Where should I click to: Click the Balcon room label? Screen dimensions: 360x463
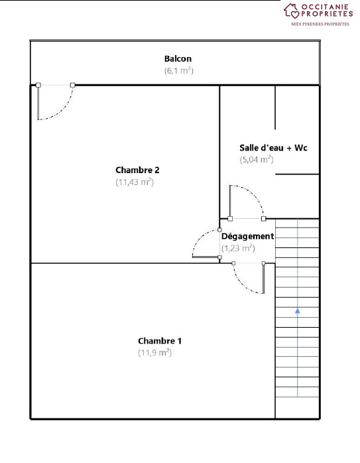point(178,58)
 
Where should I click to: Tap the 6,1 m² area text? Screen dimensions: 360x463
point(178,70)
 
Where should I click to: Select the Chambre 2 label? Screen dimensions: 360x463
point(137,170)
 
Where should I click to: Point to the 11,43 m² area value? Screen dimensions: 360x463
point(135,182)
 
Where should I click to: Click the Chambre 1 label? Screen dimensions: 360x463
point(160,341)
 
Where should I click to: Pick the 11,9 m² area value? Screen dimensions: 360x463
point(154,353)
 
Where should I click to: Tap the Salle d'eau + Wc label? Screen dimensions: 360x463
point(273,147)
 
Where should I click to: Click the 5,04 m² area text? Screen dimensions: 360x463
point(257,159)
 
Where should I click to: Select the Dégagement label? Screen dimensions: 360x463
point(247,236)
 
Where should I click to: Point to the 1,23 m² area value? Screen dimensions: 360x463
point(238,248)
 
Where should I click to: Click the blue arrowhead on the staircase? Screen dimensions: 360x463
point(298,310)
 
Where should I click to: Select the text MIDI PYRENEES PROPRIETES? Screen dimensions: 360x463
point(320,24)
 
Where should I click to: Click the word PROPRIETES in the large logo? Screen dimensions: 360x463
point(327,13)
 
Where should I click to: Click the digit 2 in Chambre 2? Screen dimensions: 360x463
point(157,170)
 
